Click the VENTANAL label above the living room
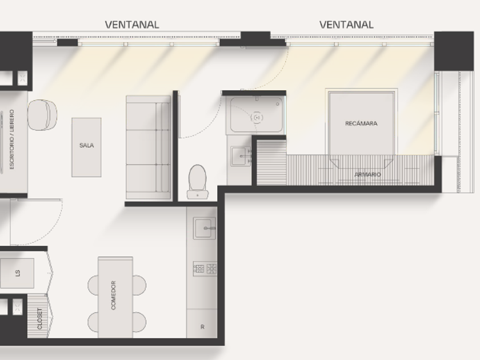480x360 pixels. pos(132,25)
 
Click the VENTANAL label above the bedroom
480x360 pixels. pos(346,25)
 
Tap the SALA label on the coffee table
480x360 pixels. pos(87,145)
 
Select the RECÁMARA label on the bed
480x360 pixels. pos(361,123)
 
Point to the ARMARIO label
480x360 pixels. pos(367,174)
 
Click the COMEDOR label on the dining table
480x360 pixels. pos(113,295)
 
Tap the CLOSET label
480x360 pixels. pos(40,319)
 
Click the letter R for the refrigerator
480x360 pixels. pos(202,327)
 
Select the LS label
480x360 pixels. pos(18,273)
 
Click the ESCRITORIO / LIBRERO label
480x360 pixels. pos(12,139)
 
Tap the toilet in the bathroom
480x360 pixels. pos(198,182)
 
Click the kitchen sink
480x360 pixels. pos(204,228)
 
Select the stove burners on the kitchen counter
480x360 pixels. pos(205,269)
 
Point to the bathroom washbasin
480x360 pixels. pos(241,156)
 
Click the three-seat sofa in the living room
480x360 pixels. pos(148,147)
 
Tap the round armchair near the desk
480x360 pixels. pos(42,115)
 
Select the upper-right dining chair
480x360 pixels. pos(139,285)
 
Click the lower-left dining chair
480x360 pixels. pos(93,322)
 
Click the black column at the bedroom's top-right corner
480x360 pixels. pos(454,51)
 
